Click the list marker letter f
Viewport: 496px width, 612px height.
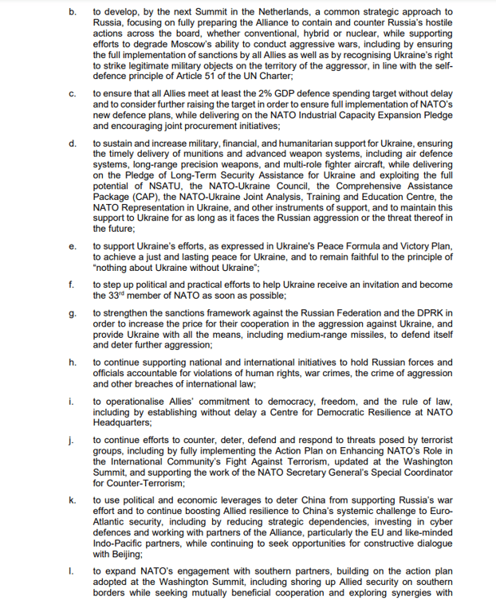pyautogui.click(x=71, y=284)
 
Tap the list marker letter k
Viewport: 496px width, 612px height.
pyautogui.click(x=72, y=500)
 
